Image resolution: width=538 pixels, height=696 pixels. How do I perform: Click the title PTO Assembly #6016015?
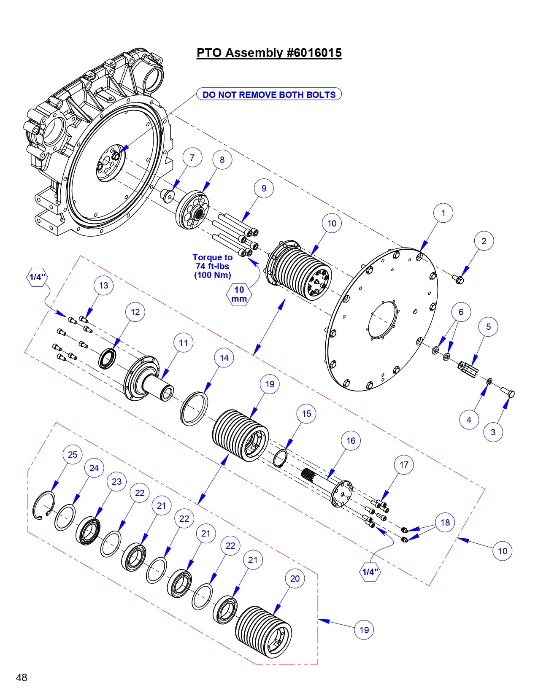[x=269, y=53]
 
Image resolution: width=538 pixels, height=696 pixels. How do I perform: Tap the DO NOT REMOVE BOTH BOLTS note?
[x=269, y=94]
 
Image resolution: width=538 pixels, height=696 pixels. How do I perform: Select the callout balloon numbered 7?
[x=192, y=157]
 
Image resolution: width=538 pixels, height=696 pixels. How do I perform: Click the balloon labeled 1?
[x=443, y=213]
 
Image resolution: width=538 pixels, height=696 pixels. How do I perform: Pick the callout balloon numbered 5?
[x=488, y=326]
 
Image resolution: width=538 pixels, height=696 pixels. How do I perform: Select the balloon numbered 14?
[x=224, y=358]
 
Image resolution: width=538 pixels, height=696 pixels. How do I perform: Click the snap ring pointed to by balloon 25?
[x=43, y=504]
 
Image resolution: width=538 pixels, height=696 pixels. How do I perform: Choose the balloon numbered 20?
[x=295, y=578]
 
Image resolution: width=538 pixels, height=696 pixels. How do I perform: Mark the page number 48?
[x=22, y=677]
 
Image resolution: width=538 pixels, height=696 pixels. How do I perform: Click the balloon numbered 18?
[x=445, y=522]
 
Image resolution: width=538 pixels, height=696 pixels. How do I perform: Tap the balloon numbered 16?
[x=351, y=440]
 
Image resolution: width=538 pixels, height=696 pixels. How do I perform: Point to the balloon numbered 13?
[x=103, y=285]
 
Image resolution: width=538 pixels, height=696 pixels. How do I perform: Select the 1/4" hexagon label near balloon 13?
[x=37, y=277]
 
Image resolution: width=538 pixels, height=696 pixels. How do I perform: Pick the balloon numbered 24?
[x=94, y=468]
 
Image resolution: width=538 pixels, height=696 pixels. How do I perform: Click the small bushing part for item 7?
[x=168, y=196]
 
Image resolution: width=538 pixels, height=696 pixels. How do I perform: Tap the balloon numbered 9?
[x=264, y=188]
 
